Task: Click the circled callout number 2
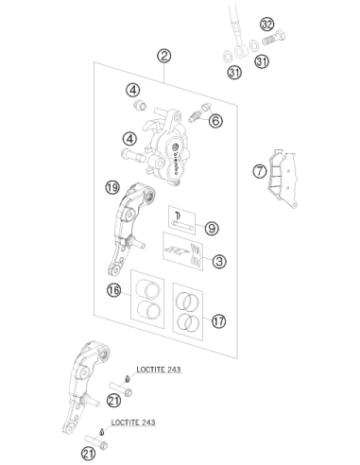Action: [164, 56]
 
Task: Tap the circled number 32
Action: [267, 24]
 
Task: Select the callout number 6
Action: [215, 121]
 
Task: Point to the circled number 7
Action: [260, 171]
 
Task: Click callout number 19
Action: [112, 187]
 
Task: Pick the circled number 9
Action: [212, 228]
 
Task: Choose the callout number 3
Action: [219, 261]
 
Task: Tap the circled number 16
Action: [114, 290]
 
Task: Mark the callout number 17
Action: [219, 321]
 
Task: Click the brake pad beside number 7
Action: [283, 179]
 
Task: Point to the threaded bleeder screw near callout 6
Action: [195, 116]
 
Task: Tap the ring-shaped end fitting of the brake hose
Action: [241, 51]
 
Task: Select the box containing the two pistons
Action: [147, 299]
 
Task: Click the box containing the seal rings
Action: [188, 311]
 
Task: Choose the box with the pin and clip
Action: [182, 220]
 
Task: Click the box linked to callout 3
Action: [183, 251]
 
